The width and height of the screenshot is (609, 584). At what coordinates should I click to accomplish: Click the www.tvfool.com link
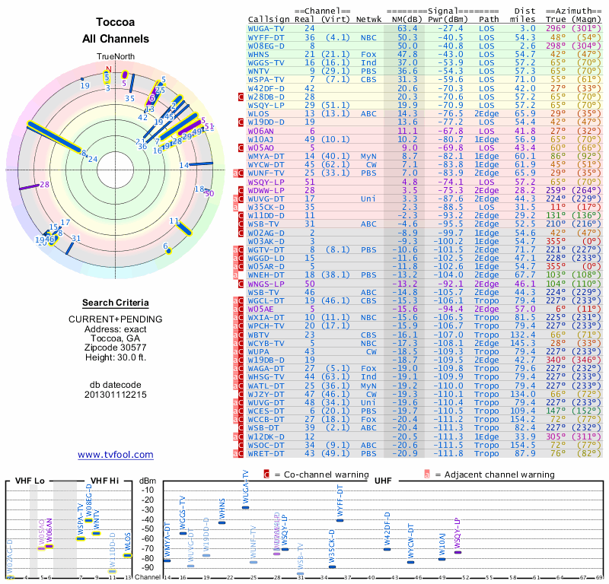(116, 455)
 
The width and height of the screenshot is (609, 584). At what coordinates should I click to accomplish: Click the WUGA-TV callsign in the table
(266, 27)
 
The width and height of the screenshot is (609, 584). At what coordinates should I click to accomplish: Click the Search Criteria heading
(116, 303)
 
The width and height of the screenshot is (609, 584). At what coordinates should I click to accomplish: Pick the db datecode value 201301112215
(116, 395)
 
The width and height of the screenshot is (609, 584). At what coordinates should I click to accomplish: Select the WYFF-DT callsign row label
(266, 36)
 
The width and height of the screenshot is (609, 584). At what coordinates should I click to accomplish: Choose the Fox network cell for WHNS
(368, 54)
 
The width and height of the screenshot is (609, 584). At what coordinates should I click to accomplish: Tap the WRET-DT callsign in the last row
(266, 453)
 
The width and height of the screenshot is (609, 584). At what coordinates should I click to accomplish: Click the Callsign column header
(268, 18)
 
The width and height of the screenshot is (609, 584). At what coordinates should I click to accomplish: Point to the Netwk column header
(371, 18)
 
